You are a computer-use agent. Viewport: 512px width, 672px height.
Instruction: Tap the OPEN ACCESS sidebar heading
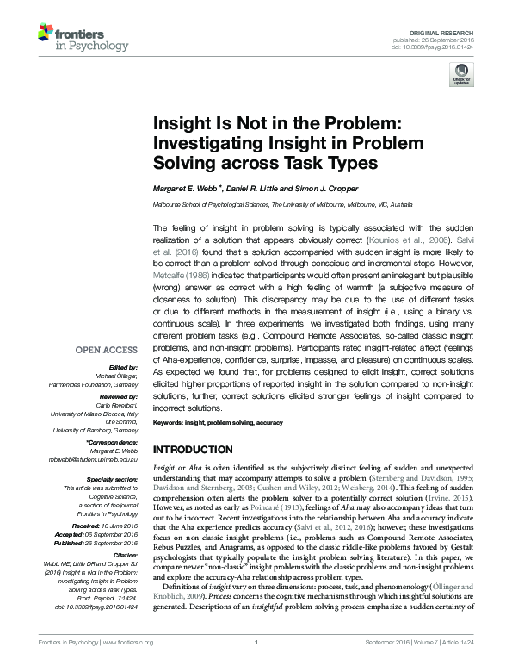[104, 351]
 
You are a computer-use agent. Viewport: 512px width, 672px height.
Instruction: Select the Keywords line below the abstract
[219, 424]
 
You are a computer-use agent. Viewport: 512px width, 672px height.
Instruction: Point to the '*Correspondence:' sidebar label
[112, 442]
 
